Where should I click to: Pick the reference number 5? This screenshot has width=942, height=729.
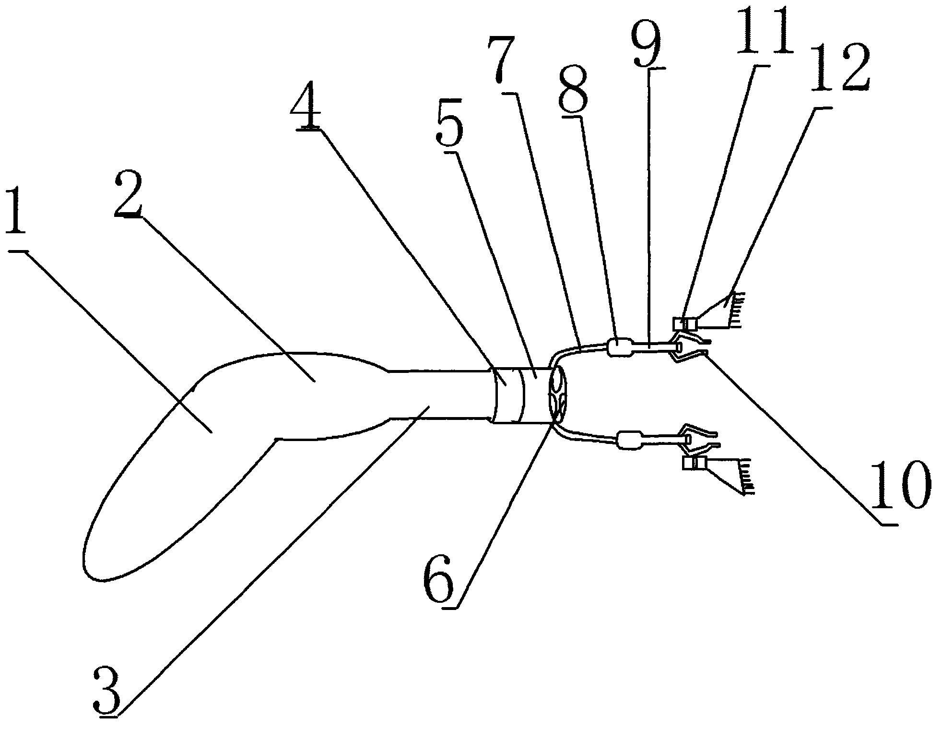(449, 122)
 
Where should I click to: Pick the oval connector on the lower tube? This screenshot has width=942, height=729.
(629, 440)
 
